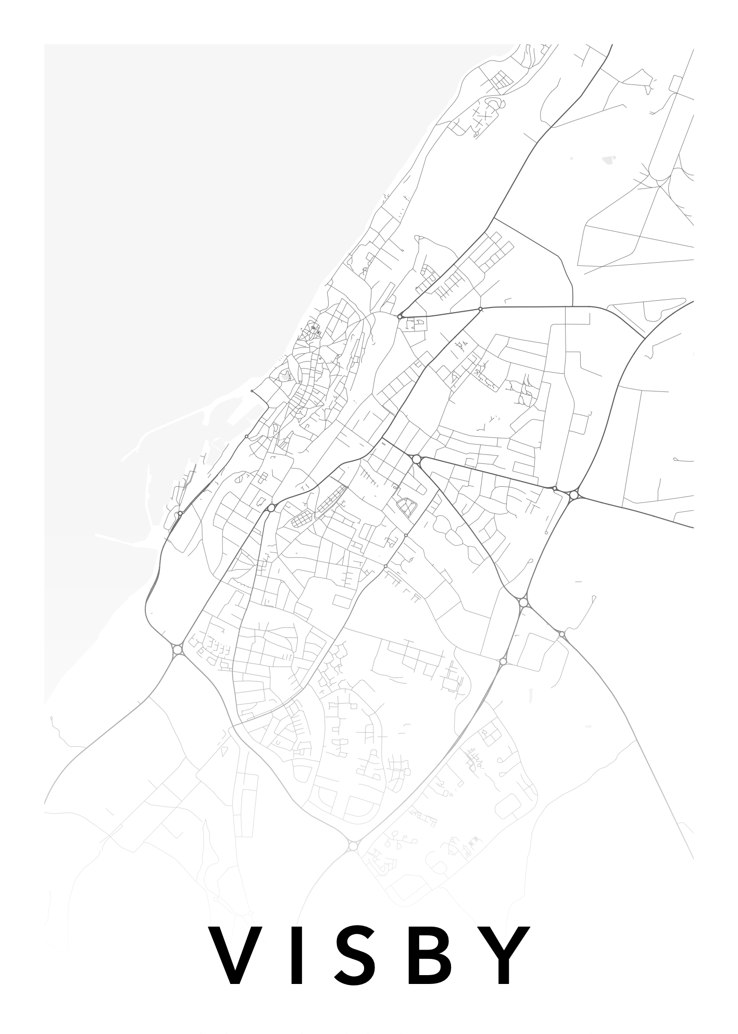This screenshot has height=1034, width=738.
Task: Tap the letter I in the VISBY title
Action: [x=297, y=956]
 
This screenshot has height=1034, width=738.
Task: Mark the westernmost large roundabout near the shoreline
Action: [x=177, y=650]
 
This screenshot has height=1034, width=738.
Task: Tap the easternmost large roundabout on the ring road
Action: [x=573, y=495]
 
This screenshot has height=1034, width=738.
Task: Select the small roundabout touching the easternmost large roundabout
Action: [x=555, y=488]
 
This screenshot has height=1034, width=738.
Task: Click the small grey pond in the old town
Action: [x=284, y=375]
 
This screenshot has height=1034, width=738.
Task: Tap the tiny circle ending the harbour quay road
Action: [x=252, y=391]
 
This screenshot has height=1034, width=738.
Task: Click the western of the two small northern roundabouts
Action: [x=399, y=316]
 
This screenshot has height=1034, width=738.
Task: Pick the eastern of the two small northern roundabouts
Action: [x=480, y=309]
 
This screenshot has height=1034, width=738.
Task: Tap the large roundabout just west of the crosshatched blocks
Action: [x=271, y=508]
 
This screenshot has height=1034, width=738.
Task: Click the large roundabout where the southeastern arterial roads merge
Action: [x=523, y=602]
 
